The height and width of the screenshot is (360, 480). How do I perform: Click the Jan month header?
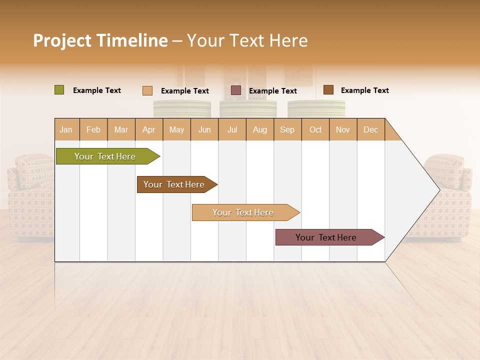click(x=66, y=129)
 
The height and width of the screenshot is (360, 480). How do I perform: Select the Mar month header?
click(x=121, y=129)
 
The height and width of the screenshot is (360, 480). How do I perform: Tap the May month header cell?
click(x=176, y=129)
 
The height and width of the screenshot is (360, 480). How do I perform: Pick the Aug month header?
click(x=259, y=129)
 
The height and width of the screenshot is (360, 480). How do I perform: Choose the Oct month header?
click(x=315, y=129)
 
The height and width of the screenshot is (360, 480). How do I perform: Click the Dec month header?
click(x=370, y=129)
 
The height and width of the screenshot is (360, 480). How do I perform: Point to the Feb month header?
click(x=93, y=129)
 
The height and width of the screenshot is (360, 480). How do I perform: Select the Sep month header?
click(x=287, y=129)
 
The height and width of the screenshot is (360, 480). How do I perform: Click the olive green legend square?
click(x=59, y=90)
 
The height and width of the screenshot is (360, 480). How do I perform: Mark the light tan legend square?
click(x=147, y=90)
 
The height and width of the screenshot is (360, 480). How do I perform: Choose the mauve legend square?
click(x=236, y=90)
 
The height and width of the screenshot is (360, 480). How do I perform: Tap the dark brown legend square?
click(x=328, y=90)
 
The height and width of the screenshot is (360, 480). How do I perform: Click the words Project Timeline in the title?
click(x=100, y=40)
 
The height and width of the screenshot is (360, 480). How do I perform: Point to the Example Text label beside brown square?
click(x=364, y=90)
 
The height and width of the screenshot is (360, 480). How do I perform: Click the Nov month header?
click(x=342, y=129)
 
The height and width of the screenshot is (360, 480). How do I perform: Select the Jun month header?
click(x=204, y=129)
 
